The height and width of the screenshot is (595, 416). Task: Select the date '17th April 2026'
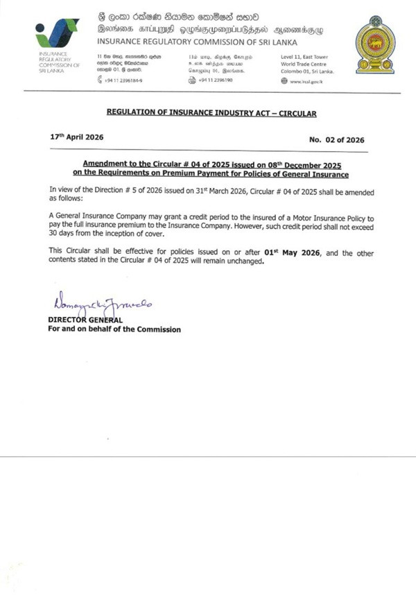[77, 137]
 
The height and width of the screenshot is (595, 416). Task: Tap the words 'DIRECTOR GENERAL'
[85, 320]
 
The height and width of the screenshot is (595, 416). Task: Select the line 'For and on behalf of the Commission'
[114, 329]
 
